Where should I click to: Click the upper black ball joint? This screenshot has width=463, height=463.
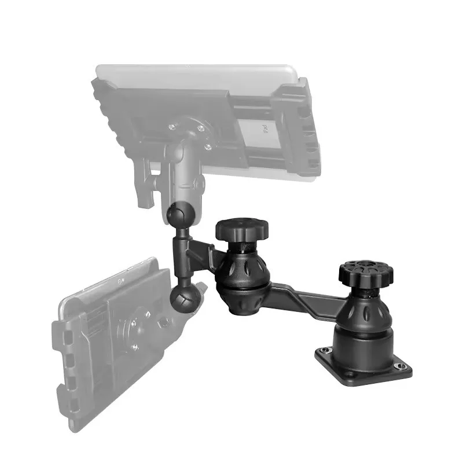pos(177,216)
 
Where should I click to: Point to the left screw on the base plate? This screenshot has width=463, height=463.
pos(323,350)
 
